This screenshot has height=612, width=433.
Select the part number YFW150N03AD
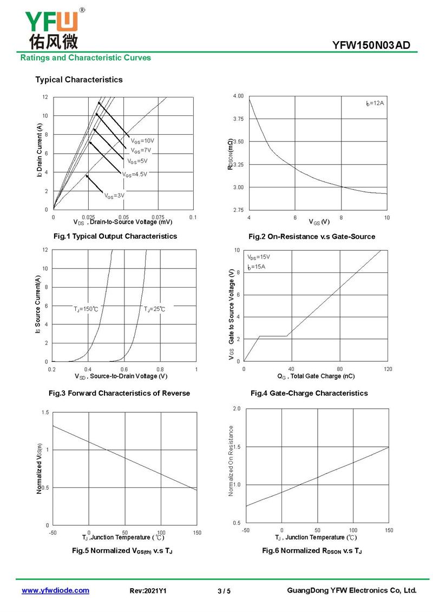(x=371, y=45)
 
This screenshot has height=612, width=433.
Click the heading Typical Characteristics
(x=79, y=80)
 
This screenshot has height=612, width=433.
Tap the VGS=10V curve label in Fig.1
(x=142, y=141)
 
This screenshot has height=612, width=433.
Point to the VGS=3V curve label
(x=114, y=196)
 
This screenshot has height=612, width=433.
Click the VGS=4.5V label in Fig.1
(x=135, y=174)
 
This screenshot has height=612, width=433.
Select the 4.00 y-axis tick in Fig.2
(x=238, y=96)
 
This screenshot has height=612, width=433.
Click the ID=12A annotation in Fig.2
(x=375, y=103)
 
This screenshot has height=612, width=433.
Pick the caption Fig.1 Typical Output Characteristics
(x=115, y=236)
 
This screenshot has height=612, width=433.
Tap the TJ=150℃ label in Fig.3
(x=86, y=309)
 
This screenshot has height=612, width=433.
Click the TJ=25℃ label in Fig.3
(x=154, y=309)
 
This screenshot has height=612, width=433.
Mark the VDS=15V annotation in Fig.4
(x=258, y=257)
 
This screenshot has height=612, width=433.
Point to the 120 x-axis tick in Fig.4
(x=388, y=369)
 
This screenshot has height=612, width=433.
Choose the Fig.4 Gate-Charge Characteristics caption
(x=309, y=393)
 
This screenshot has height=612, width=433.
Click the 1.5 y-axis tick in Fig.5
(x=45, y=413)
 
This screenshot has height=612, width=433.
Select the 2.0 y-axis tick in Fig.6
(x=237, y=409)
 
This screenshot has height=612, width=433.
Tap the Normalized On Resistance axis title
(x=231, y=461)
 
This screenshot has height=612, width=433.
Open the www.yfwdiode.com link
(x=55, y=590)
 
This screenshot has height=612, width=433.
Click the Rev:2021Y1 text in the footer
(x=148, y=591)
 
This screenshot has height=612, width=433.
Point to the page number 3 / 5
(x=224, y=591)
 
